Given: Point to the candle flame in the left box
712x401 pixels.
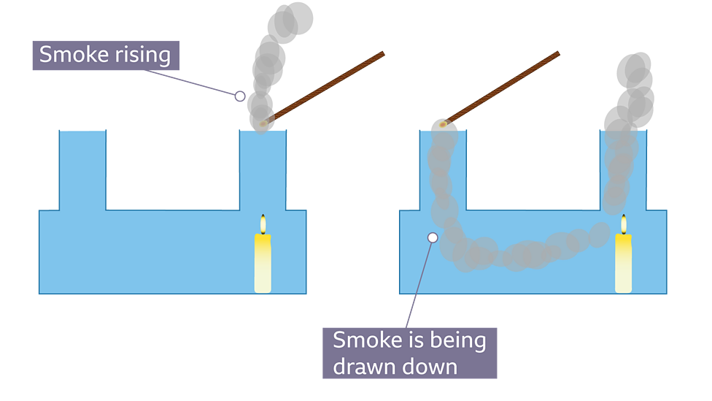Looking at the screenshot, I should [x=263, y=224].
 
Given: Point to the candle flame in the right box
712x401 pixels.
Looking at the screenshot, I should [x=623, y=224].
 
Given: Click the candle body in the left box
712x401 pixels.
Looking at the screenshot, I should [x=263, y=263].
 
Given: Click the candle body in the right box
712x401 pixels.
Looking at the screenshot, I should [x=623, y=263].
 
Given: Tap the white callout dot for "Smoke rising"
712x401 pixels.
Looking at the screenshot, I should [x=239, y=96].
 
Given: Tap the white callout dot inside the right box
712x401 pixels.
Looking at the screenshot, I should [x=433, y=237].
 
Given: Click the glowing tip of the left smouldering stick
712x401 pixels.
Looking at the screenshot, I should [x=263, y=123].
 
